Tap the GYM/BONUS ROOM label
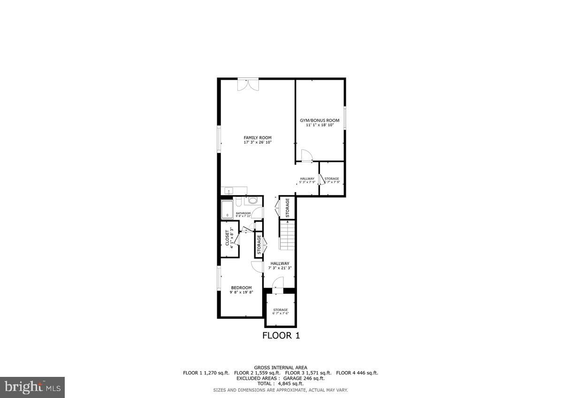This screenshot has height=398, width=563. [320, 121]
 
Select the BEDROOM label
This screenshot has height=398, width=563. [241, 288]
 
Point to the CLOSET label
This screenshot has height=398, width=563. [228, 238]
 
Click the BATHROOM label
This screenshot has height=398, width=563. [243, 214]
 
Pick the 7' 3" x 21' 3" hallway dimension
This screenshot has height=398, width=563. [280, 268]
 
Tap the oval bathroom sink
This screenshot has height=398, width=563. [253, 201]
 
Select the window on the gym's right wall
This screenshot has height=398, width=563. [344, 117]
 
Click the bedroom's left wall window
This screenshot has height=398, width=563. [219, 279]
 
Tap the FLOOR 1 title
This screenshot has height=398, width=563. [281, 336]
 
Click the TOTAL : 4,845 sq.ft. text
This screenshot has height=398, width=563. [281, 383]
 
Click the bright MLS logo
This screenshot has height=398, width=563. [32, 387]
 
